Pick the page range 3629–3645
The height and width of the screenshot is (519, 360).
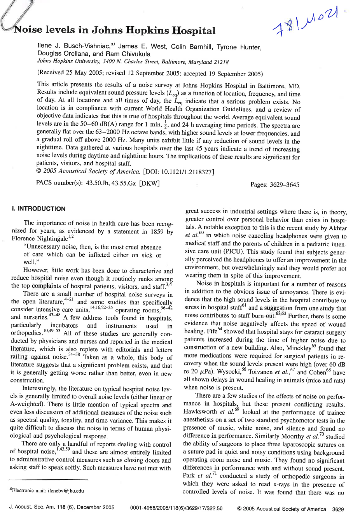pyautogui.click(x=285, y=185)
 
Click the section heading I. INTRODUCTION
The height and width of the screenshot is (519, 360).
pyautogui.click(x=38, y=209)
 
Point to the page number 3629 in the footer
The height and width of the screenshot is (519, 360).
pyautogui.click(x=338, y=509)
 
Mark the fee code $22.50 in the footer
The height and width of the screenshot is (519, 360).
pyautogui.click(x=215, y=508)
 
